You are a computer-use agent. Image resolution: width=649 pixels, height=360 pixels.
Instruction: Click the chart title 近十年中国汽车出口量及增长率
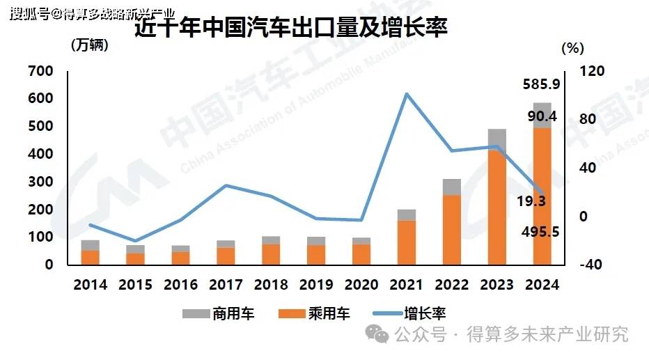click(290, 29)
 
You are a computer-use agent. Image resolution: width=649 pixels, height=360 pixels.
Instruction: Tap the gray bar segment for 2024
click(542, 116)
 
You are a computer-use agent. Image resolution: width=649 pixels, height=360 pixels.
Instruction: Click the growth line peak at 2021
click(407, 94)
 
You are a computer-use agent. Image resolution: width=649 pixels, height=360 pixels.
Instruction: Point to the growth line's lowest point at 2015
click(135, 241)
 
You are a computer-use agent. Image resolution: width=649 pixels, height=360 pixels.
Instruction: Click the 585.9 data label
click(542, 85)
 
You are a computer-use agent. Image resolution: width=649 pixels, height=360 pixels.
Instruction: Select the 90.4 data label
click(542, 116)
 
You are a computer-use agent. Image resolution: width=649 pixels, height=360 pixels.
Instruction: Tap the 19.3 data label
click(531, 201)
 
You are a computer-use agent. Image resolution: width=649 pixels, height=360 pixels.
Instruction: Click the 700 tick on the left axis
click(40, 71)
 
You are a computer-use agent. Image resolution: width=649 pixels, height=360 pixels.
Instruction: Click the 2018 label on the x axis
click(271, 285)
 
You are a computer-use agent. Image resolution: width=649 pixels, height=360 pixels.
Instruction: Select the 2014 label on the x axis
click(90, 285)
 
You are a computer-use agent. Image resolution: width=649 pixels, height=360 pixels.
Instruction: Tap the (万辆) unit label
click(91, 46)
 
